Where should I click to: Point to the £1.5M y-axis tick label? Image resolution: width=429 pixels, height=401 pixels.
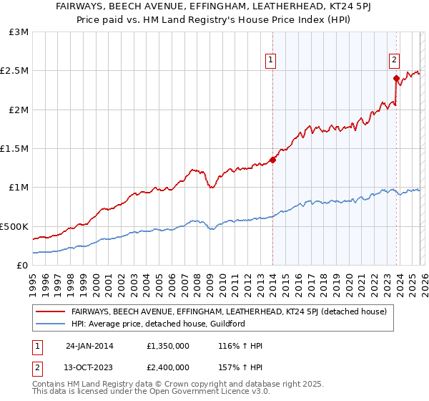click(x=16, y=148)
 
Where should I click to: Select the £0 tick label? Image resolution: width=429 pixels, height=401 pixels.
click(x=23, y=265)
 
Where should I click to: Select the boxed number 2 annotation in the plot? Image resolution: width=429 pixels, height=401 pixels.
click(x=395, y=61)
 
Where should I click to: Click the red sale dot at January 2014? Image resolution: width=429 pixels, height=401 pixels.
click(x=272, y=160)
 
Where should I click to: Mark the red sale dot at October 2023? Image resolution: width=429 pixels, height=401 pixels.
click(x=395, y=79)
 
